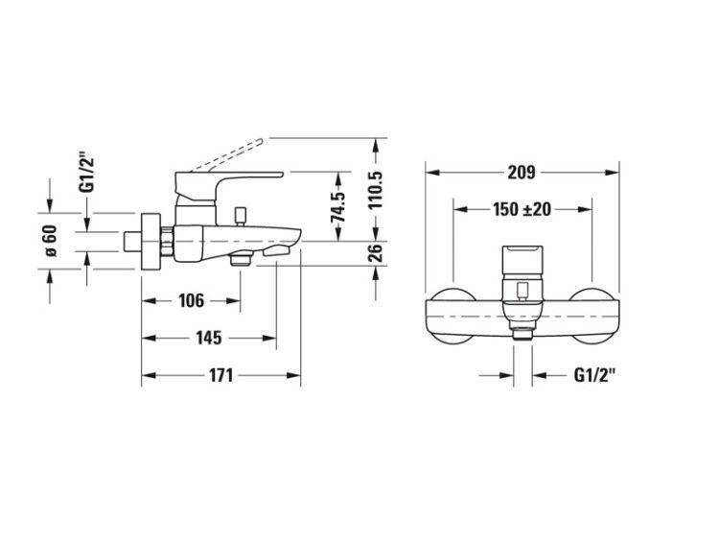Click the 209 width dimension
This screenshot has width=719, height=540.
[522, 173]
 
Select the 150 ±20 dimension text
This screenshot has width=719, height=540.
[522, 209]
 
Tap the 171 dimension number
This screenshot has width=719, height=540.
[221, 375]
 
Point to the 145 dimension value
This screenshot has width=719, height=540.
[209, 339]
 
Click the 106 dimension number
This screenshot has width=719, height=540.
[191, 301]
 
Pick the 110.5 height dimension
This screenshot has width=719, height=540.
[376, 190]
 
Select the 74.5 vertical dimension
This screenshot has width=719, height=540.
[338, 207]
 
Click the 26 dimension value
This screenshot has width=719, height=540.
[376, 253]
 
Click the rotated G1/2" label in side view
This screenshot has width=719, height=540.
[86, 174]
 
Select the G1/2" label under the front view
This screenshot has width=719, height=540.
[594, 375]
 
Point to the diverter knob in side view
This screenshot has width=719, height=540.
[240, 217]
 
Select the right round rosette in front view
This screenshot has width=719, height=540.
[591, 317]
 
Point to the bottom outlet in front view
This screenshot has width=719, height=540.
[522, 334]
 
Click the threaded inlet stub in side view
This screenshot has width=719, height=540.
[133, 242]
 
